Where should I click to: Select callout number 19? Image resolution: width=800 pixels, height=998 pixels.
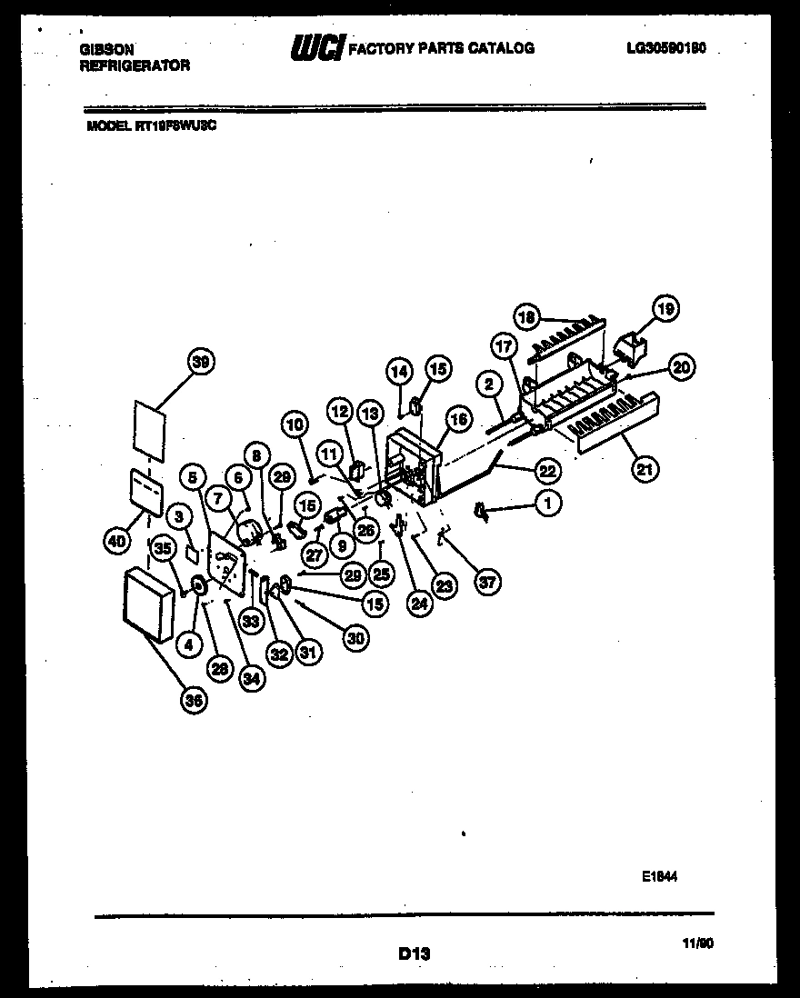click(666, 310)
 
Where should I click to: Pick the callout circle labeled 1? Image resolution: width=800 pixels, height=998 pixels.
click(547, 502)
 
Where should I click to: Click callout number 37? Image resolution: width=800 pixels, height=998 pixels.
click(488, 583)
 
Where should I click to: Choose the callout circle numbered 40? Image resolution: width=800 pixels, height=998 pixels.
click(116, 542)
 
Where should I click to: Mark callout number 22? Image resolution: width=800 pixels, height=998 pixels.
click(546, 470)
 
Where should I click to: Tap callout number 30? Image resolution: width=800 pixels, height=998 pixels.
click(355, 638)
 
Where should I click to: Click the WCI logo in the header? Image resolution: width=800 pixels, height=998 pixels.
click(315, 47)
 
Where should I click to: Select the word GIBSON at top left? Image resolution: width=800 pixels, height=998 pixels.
click(107, 51)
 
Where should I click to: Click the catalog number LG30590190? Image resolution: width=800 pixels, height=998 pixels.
click(666, 48)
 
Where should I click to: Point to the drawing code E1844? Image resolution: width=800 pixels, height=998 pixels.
click(659, 876)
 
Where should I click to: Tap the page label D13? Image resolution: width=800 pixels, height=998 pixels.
click(414, 953)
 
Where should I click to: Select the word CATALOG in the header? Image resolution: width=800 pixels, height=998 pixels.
click(500, 48)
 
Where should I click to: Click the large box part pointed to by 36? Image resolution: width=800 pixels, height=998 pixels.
click(147, 604)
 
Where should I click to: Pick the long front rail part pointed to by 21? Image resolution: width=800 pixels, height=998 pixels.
click(618, 421)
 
